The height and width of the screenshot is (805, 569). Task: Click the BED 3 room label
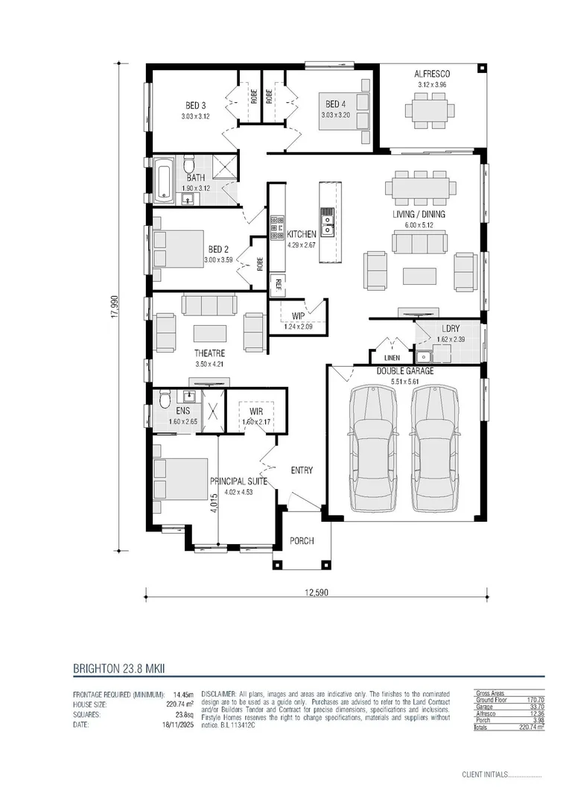[x=195, y=105]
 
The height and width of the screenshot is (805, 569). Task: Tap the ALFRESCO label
[x=432, y=74]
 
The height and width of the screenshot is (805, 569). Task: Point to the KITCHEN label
[x=302, y=234]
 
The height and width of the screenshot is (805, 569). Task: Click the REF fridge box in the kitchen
[x=278, y=282]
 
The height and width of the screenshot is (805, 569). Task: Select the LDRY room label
[x=450, y=329]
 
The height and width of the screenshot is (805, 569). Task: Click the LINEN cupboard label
[x=392, y=358]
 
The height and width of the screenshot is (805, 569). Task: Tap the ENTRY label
[x=302, y=470]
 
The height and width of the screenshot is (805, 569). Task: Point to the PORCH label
[x=302, y=541]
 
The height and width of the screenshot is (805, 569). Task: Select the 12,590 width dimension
[x=316, y=593]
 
